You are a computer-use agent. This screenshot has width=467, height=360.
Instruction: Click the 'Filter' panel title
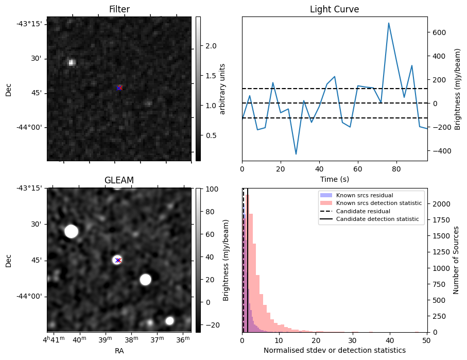coord(119,9)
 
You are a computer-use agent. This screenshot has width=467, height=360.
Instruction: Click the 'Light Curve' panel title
coord(334,9)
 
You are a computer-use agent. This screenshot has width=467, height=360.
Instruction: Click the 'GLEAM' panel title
coord(119,180)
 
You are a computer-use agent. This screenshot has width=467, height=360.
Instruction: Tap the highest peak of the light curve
coord(389,23)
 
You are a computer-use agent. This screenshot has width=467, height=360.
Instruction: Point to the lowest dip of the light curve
coord(296,154)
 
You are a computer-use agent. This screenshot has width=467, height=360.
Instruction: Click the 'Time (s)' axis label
coord(334,178)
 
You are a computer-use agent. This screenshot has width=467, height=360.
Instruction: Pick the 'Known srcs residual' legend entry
coord(364,196)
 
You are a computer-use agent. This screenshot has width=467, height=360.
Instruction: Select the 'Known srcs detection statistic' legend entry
coord(378,203)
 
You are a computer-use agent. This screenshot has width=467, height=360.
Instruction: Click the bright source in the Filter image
coord(72,62)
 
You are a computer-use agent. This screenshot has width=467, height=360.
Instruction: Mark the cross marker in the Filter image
coord(119,88)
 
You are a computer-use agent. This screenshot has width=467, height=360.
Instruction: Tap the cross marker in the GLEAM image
coord(118,260)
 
